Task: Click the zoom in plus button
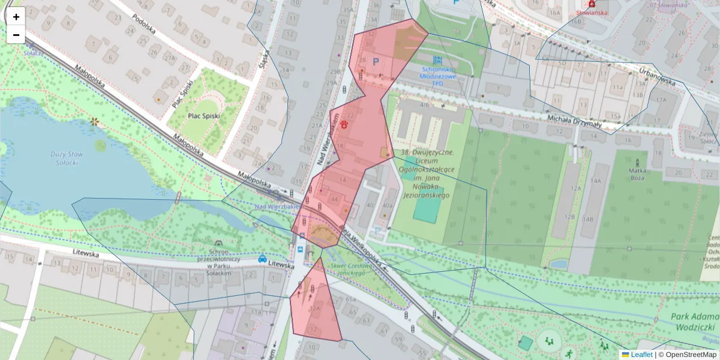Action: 16,17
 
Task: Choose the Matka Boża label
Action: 637,173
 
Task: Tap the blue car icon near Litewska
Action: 262,259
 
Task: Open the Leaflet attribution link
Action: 641,355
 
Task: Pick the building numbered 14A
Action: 595,180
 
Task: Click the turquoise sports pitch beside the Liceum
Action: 427,206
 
